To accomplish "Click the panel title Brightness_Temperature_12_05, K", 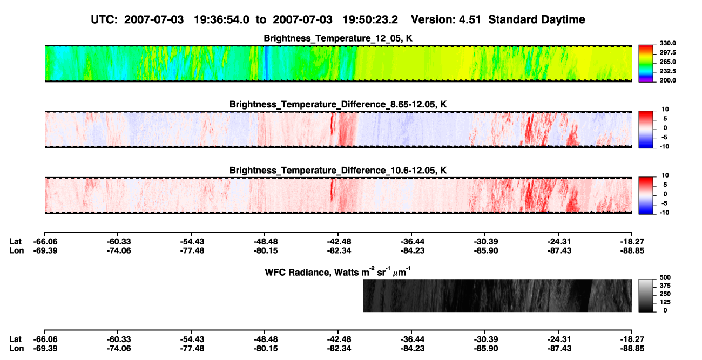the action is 338,38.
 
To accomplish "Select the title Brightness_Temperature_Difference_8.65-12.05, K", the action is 338,104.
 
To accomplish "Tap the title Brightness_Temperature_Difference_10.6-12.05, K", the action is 338,171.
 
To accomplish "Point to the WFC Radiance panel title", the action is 338,271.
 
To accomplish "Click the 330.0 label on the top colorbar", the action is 667,43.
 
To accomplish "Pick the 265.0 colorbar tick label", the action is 667,62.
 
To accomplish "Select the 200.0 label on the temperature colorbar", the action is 667,80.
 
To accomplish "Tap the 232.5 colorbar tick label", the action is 667,71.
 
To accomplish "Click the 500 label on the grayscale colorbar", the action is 665,277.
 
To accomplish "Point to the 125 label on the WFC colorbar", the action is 665,302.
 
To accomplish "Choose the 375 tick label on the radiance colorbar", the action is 665,286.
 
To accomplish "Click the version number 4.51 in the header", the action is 470,19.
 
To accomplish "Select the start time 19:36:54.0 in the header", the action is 221,19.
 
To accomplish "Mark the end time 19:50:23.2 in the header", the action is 370,19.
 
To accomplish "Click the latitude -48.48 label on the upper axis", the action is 266,242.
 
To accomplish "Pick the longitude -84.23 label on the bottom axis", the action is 413,349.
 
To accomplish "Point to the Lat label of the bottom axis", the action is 15,339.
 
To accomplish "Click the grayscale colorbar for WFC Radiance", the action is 646,295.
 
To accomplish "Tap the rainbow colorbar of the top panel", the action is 646,64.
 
